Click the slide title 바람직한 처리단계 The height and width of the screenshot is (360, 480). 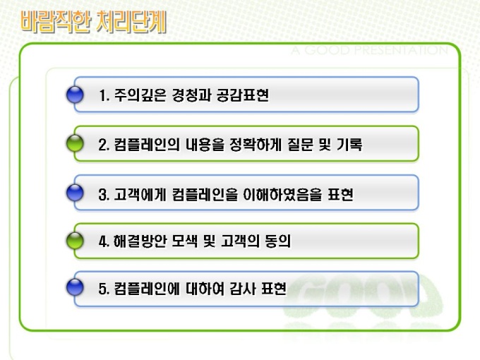coord(94,22)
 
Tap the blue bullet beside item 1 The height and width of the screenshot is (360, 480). coord(75,95)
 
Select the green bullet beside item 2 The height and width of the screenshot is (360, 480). coord(75,143)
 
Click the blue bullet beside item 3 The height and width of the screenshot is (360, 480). coord(75,193)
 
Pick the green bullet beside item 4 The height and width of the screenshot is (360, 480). coord(75,241)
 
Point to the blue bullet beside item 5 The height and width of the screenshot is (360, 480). coord(75,287)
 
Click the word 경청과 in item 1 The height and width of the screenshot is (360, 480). coord(191,95)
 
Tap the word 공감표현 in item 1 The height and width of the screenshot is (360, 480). coord(243,95)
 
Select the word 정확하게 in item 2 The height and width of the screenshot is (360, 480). coord(256,145)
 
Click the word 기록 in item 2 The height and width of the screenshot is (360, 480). coord(349,145)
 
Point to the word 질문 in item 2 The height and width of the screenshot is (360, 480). coord(300,145)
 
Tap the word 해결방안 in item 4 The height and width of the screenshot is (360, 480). coord(140,241)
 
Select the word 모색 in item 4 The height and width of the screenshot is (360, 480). coord(185,241)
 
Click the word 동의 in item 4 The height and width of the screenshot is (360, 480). coord(277,241)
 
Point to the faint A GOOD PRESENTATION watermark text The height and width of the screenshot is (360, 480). coord(370,50)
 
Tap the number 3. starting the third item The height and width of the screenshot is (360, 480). coord(104,195)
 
